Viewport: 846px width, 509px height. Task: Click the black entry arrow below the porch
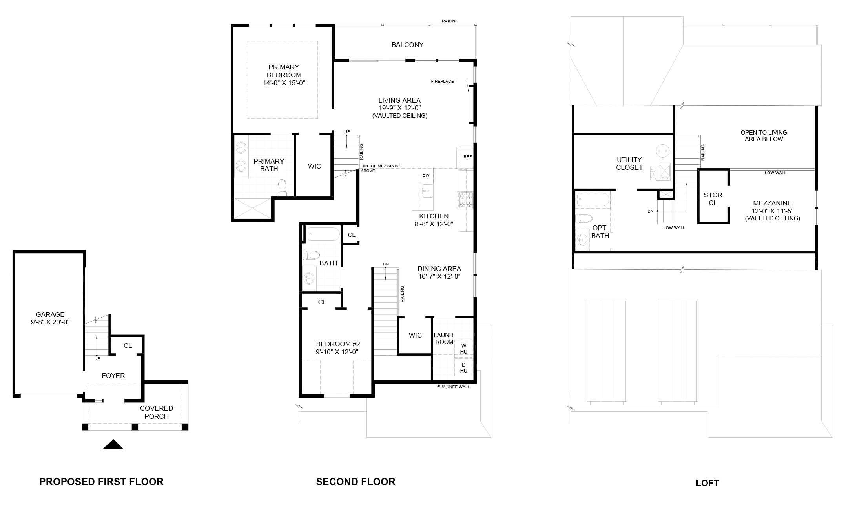[x=113, y=444]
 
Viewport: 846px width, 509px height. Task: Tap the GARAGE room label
[x=50, y=318]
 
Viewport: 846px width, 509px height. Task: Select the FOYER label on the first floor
[x=113, y=376]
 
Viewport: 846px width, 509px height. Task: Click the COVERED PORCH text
[x=157, y=413]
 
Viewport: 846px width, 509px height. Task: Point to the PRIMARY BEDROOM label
[x=284, y=75]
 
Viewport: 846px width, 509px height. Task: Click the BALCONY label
[x=407, y=45]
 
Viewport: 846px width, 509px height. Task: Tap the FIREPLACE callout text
[x=442, y=82]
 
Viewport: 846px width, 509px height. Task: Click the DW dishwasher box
[x=426, y=176]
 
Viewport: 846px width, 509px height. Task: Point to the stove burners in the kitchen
[x=465, y=200]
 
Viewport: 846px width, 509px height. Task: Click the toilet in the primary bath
[x=283, y=188]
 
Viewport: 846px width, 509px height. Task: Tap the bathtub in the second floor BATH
[x=323, y=235]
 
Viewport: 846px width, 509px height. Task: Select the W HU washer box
[x=464, y=349]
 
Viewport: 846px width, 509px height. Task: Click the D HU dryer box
[x=464, y=367]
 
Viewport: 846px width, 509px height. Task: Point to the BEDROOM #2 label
[x=337, y=348]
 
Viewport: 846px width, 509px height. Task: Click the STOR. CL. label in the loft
[x=714, y=199]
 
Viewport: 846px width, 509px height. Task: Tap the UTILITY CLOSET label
[x=629, y=164]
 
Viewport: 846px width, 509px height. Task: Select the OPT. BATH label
[x=600, y=232]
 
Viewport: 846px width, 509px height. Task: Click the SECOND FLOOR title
[x=356, y=482]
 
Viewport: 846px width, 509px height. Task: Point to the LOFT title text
[x=707, y=483]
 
